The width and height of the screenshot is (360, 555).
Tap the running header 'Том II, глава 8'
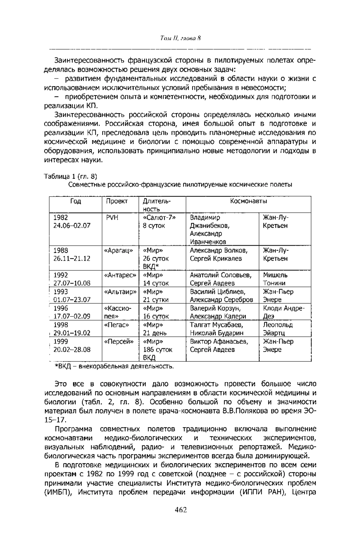(x=180, y=38)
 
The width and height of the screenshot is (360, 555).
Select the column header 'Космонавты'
(x=248, y=201)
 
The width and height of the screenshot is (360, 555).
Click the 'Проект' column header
(x=117, y=201)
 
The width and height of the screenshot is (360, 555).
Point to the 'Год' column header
(x=76, y=201)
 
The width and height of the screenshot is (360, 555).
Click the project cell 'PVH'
(x=112, y=217)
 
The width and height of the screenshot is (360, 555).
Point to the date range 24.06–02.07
(x=72, y=225)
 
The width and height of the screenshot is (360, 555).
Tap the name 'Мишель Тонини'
(x=275, y=279)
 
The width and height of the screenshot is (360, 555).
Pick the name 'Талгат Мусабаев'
(x=216, y=325)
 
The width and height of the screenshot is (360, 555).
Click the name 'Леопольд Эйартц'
(x=277, y=329)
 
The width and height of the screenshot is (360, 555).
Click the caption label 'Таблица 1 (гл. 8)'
(x=70, y=176)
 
